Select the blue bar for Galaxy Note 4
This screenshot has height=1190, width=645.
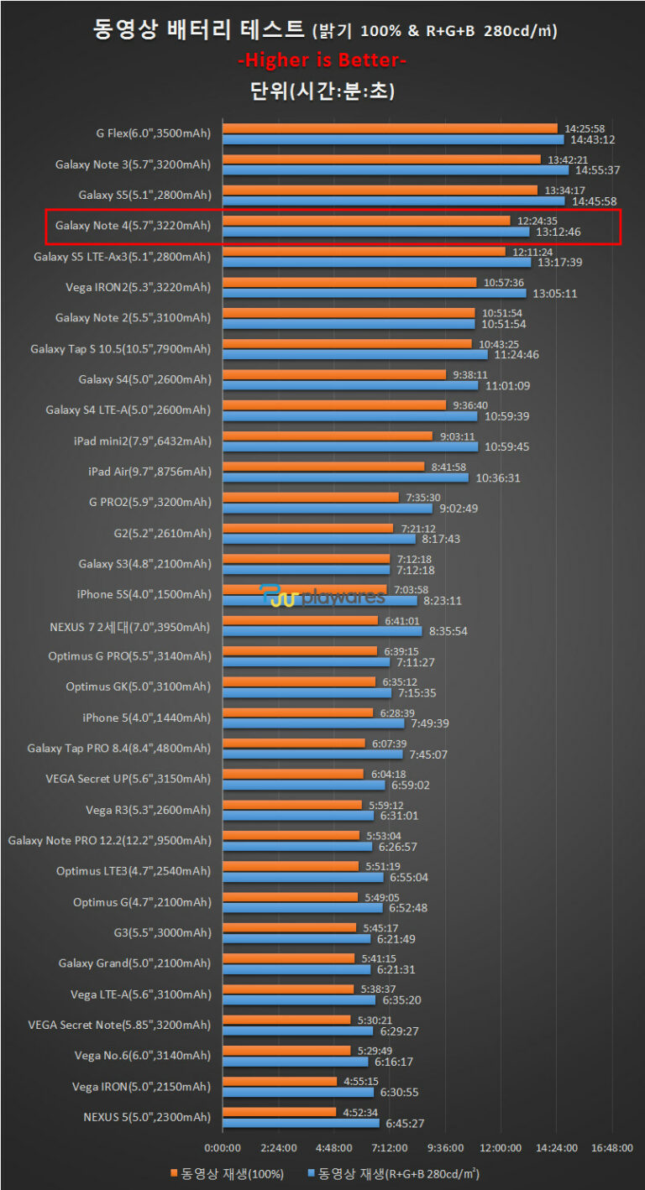(375, 232)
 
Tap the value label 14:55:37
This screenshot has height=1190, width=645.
(597, 170)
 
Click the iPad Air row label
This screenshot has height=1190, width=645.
(149, 472)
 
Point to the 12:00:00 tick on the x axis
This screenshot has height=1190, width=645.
(501, 1147)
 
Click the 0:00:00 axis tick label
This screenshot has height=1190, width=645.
(223, 1147)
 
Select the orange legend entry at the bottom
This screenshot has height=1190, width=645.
(228, 1172)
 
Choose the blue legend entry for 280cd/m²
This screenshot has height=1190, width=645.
(394, 1172)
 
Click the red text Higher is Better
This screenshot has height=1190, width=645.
(322, 60)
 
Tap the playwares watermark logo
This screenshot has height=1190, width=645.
(322, 597)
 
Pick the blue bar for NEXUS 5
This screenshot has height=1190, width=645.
(302, 1123)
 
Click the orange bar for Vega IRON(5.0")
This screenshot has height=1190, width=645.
(280, 1082)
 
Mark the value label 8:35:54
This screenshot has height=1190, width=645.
(449, 631)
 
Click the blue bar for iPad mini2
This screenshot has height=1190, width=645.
(349, 446)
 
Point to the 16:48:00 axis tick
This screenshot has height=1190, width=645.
(611, 1147)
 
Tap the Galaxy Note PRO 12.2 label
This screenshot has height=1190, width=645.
(109, 840)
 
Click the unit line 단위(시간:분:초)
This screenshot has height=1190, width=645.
(322, 91)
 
